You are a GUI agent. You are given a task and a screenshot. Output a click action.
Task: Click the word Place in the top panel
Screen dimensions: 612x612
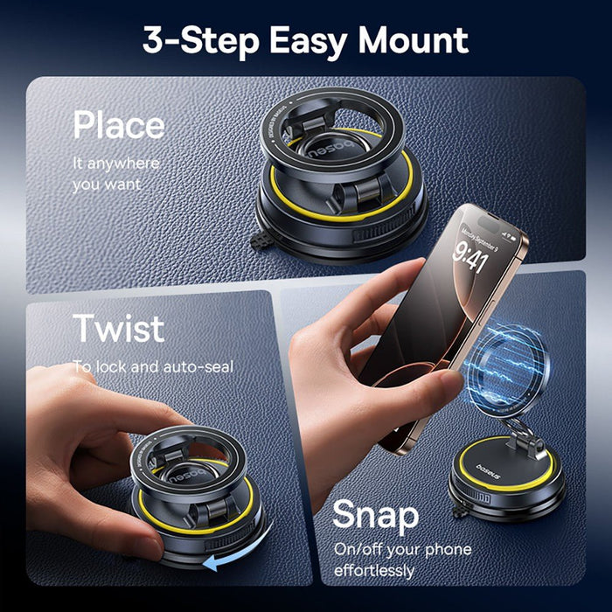(118, 125)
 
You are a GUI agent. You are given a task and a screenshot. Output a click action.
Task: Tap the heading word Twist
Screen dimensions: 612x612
(118, 328)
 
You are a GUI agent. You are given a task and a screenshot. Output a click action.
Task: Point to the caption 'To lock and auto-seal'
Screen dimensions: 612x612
(152, 366)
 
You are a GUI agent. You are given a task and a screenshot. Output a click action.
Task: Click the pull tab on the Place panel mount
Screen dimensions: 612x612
(259, 241)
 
